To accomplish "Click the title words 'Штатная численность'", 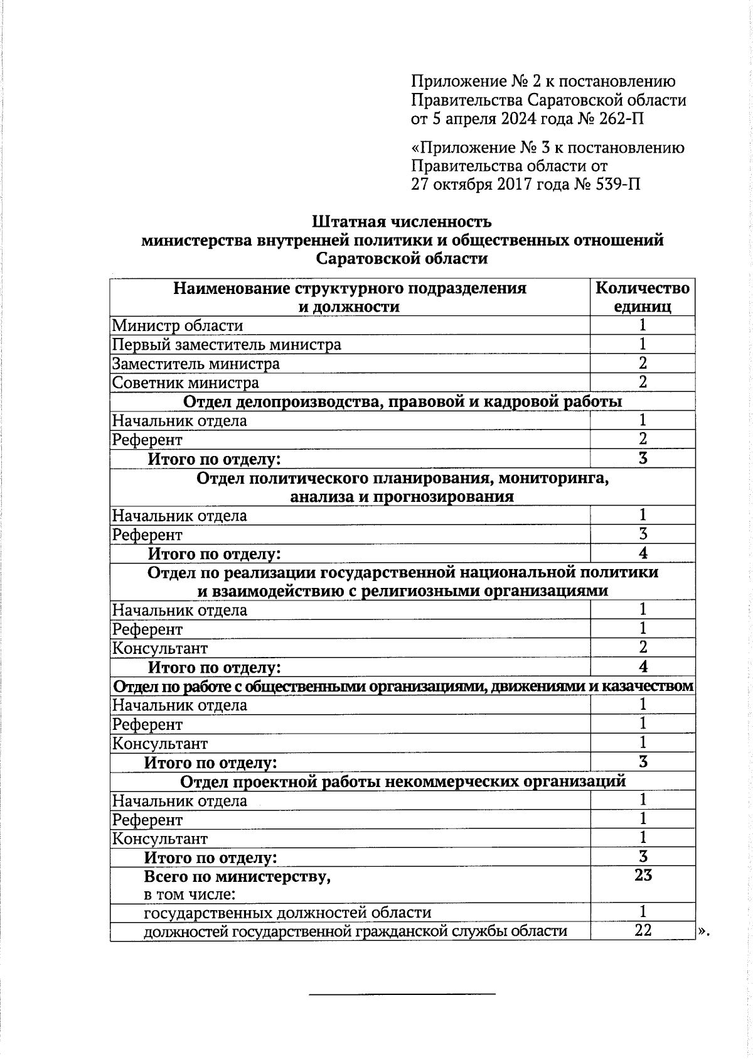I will coord(402,222).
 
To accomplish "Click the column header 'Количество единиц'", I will coord(642,297).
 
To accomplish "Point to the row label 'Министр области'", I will coord(178,325).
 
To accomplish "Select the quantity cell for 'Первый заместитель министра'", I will coord(643,344).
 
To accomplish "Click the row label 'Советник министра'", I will coord(186,383).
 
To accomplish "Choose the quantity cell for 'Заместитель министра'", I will coord(643,363).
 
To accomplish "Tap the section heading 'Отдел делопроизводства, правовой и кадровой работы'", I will coord(402,401).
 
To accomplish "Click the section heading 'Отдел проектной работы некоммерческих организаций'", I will coord(403,781).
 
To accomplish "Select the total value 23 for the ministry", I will coord(643,875).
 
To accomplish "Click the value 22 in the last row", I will coord(643,930).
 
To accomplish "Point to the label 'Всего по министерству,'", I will coord(237,876).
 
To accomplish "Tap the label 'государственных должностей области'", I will coord(287,912).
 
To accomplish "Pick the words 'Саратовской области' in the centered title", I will coord(402,259).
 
